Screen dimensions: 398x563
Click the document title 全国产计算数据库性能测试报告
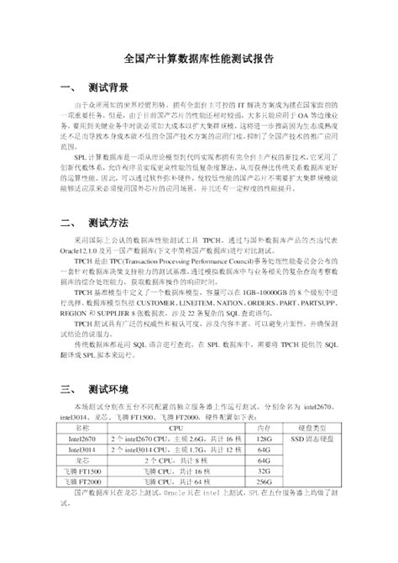tap(199, 60)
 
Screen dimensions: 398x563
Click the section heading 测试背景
tap(108, 87)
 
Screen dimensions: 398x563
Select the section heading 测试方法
tap(108, 225)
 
